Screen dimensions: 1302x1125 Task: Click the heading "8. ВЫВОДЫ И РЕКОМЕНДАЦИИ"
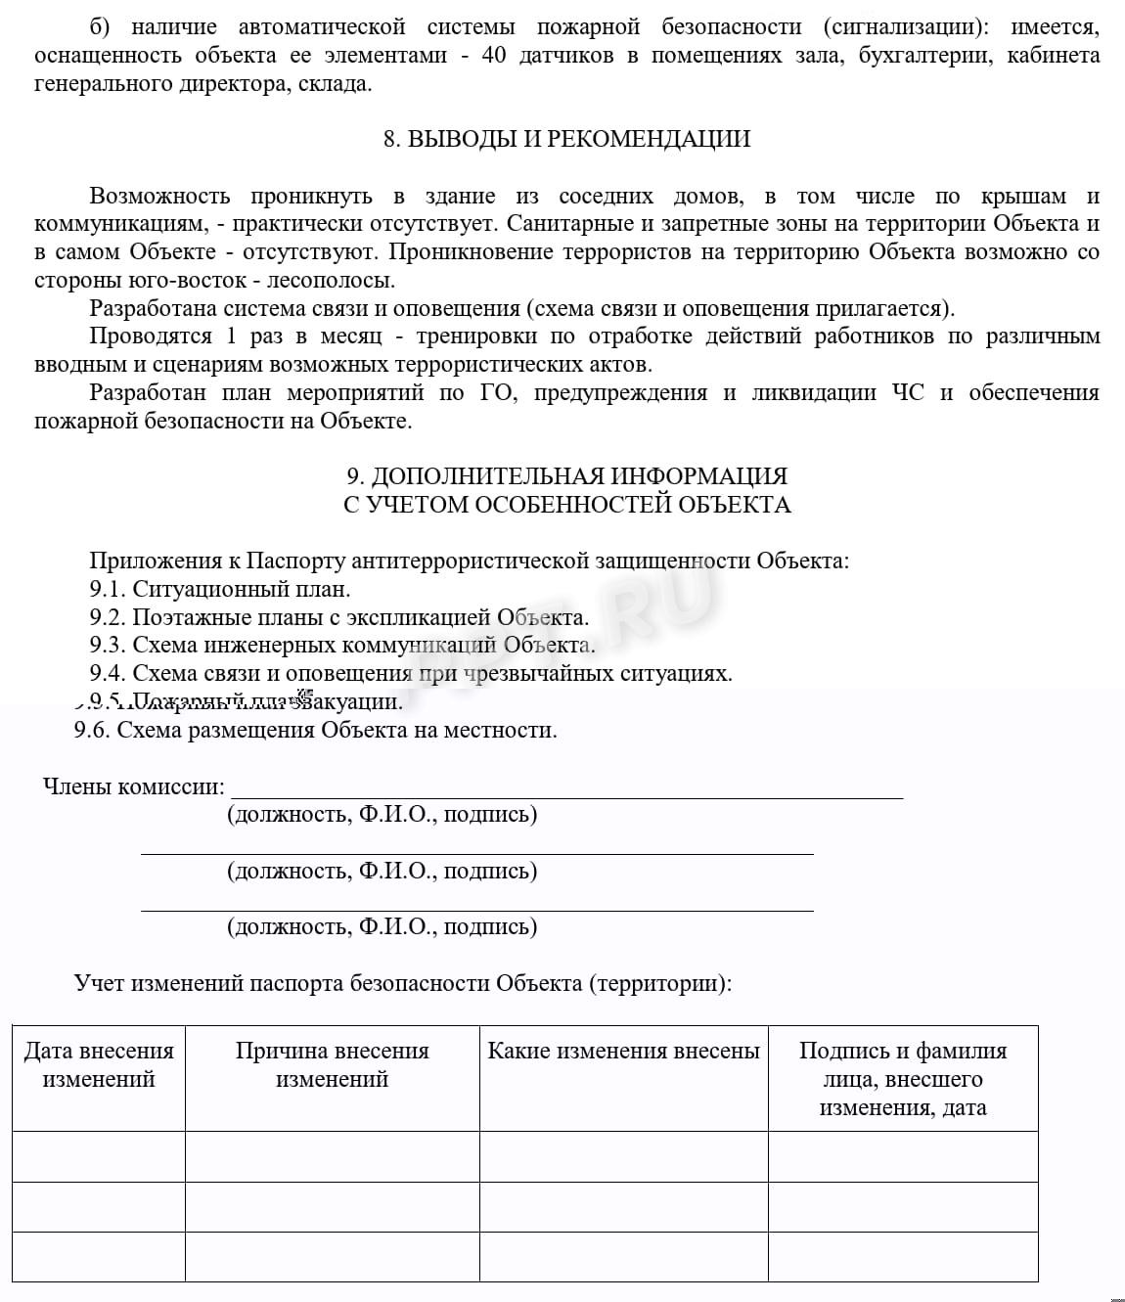(566, 139)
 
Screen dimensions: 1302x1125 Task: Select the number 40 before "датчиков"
(494, 56)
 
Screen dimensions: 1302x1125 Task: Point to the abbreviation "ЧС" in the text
(907, 392)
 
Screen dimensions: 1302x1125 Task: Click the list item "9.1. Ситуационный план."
(220, 589)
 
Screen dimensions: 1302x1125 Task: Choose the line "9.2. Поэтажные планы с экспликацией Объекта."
(339, 617)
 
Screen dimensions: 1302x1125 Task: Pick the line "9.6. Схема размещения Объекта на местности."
(315, 730)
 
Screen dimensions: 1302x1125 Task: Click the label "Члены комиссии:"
(133, 786)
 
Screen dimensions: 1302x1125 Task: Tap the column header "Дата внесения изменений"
(99, 1064)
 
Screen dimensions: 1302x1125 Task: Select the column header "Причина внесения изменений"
(332, 1064)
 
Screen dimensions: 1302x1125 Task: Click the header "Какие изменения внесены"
(623, 1051)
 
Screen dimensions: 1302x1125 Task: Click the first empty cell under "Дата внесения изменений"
(99, 1156)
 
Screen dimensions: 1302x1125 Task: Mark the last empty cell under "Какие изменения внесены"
(623, 1256)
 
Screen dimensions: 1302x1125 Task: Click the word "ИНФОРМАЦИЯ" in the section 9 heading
(698, 476)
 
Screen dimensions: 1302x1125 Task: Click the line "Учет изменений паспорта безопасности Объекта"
(402, 982)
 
